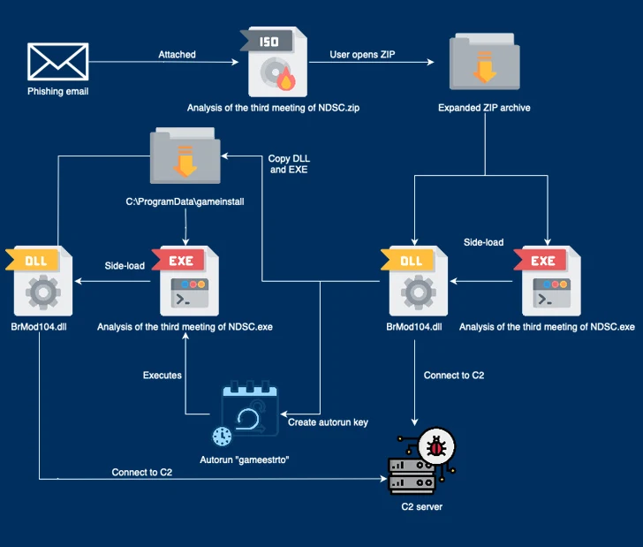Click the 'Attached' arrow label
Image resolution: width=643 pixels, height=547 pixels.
coord(178,55)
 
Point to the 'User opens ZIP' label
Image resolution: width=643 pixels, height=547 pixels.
coord(364,55)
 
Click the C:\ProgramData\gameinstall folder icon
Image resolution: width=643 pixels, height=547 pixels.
coord(185,160)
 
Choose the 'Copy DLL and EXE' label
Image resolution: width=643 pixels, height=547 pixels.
coord(288,163)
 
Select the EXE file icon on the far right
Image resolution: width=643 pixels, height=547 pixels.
coord(548,281)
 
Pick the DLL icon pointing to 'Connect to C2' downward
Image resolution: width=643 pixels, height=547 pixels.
coord(413,282)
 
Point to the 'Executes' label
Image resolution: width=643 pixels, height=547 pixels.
coord(163,376)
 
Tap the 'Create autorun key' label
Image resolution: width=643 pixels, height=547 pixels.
coord(328,422)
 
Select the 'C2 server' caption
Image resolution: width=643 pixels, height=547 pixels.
coord(417,507)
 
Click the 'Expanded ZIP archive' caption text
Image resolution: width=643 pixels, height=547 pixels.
coord(484,108)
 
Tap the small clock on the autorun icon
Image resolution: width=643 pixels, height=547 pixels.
coord(223,436)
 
